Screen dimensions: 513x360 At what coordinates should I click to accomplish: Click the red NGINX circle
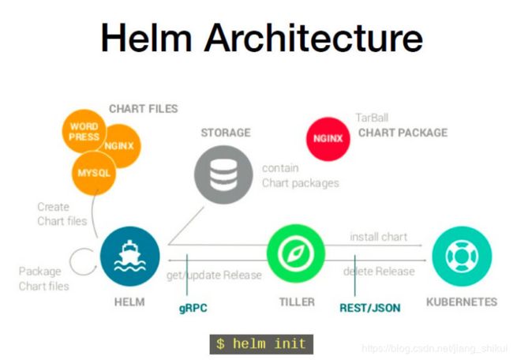coord(328,139)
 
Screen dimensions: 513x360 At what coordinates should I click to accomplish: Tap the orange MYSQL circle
coord(94,174)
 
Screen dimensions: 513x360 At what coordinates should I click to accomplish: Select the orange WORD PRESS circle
coord(84,131)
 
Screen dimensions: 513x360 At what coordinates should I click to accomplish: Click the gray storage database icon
coord(223,174)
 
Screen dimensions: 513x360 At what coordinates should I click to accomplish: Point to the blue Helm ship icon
coord(130,257)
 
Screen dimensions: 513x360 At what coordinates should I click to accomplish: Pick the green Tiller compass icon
coord(296,253)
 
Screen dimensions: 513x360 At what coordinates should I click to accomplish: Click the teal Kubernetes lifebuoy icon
coord(462,257)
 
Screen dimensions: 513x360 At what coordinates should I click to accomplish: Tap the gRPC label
coord(193,309)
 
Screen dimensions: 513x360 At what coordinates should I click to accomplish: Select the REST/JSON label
coord(370,308)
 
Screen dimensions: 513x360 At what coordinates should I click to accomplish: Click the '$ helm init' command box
coord(261,344)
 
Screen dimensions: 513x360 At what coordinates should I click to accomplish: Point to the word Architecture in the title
coord(313,38)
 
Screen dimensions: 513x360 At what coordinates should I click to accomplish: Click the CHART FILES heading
coord(144,109)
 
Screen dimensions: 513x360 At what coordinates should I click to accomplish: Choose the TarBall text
coord(372,118)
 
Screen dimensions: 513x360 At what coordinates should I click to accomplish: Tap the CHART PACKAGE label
coord(403,133)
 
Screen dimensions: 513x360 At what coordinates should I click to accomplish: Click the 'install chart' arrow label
coord(379,237)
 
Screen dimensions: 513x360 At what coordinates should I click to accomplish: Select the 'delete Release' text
coord(379,272)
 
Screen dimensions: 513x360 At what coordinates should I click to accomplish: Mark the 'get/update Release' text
coord(214,276)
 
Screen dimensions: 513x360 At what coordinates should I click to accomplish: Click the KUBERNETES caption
coord(462,302)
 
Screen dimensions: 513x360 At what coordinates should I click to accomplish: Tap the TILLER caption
coord(297,302)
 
